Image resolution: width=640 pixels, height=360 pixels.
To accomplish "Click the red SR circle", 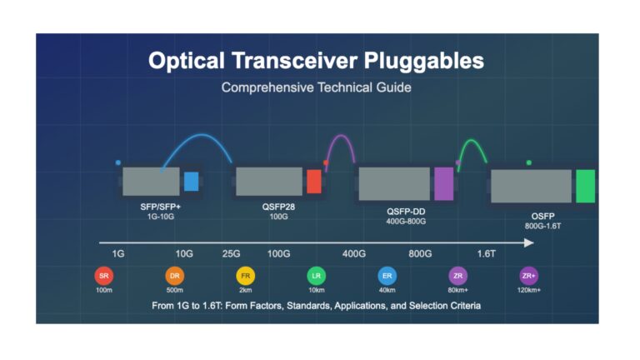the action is coord(103,276).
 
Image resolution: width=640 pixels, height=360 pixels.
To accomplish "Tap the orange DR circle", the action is coord(175,276).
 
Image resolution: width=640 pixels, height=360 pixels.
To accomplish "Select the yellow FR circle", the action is coord(245,276).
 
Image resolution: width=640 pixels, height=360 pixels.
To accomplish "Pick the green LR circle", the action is coord(317,276).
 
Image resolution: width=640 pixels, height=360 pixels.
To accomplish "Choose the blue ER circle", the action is coord(387,276).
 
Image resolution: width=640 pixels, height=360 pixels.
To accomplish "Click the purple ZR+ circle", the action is coord(528,276).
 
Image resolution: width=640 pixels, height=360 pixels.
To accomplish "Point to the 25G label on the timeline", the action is coord(231,254).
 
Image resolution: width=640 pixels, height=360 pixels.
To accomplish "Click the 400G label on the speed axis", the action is coord(354,254).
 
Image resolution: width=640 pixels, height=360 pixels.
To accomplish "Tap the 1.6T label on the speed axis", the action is coord(486,254).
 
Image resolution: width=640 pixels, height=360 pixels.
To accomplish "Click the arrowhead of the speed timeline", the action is coord(529,242).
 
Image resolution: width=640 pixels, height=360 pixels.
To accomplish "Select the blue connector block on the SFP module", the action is coord(191,182).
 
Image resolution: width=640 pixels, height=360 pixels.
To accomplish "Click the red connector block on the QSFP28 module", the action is coord(314,182).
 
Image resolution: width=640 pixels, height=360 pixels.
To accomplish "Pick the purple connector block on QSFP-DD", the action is coord(443,183).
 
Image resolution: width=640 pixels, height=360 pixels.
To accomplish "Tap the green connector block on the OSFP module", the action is coord(585,186).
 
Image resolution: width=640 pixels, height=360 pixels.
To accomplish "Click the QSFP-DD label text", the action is coord(406,212).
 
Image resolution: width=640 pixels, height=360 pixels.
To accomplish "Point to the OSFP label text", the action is coord(542,217).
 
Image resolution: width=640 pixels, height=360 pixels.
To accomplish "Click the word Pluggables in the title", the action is coord(423,61).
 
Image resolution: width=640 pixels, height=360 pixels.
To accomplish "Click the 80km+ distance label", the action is coord(458,290).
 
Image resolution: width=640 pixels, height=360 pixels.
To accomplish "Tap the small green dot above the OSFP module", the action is coord(529,162).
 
